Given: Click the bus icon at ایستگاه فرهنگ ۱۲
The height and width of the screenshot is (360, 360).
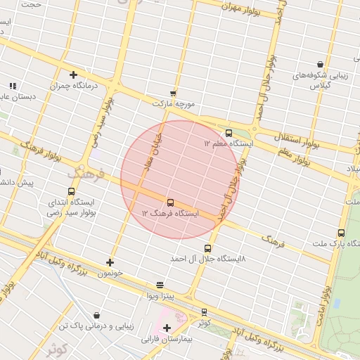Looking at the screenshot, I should (x=170, y=202).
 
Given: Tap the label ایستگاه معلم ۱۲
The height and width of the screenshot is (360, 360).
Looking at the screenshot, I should (x=228, y=143).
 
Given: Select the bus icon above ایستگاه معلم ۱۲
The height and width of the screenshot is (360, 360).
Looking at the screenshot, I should (x=229, y=133).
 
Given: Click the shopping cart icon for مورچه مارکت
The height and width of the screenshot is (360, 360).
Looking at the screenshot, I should (x=173, y=93).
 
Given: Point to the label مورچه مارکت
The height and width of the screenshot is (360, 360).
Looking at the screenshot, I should (x=173, y=103).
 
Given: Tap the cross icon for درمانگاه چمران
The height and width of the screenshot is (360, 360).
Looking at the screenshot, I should (x=73, y=75).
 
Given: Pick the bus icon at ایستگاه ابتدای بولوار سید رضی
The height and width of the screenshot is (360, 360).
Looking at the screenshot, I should (x=71, y=191).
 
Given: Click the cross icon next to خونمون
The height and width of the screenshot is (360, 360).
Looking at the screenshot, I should (x=110, y=262).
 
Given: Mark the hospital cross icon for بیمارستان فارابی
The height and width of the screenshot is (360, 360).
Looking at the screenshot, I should (x=167, y=328).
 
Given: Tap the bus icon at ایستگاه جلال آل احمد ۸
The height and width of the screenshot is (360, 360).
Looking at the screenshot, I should (x=207, y=248).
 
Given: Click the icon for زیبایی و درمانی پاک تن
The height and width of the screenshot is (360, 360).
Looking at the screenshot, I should (x=96, y=316).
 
